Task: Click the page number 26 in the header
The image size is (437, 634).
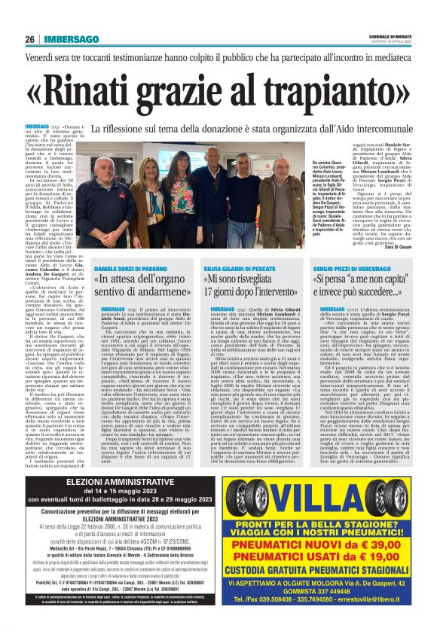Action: tap(30, 40)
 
